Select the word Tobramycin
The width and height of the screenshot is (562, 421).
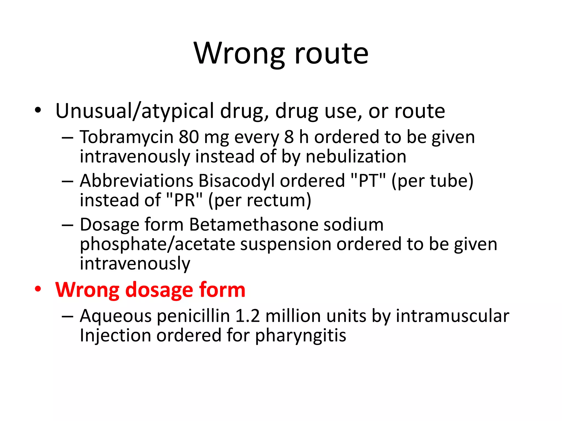point(127,137)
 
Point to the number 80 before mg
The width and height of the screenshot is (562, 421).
point(189,137)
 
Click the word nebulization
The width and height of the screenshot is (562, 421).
point(356,157)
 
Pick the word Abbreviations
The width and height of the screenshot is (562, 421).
point(137,181)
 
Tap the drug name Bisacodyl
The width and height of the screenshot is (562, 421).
point(236,181)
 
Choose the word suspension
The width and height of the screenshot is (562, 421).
point(286,244)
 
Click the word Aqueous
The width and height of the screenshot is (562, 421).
point(116,316)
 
